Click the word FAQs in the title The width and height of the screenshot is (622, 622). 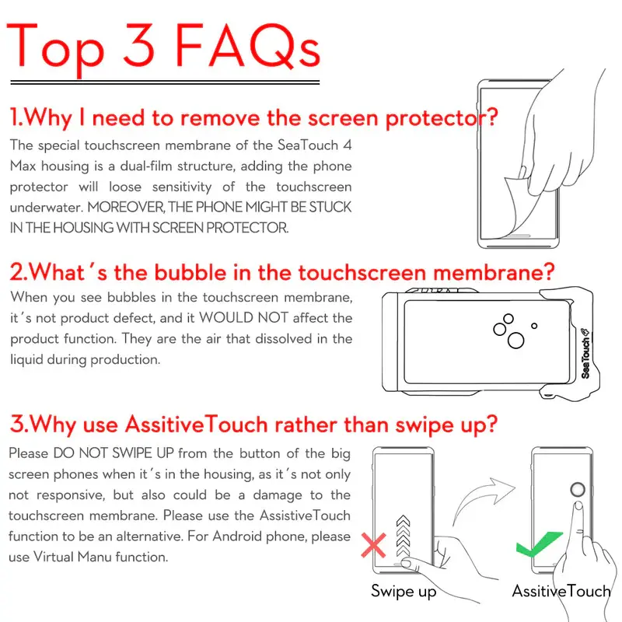point(247,46)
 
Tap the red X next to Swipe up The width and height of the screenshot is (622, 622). point(373,546)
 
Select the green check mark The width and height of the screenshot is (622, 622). point(539,543)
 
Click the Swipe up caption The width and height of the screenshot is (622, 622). point(404,592)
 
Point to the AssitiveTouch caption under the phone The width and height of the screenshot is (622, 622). point(561,591)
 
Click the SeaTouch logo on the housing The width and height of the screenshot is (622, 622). point(585,353)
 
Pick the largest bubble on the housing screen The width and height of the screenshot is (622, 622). point(515,341)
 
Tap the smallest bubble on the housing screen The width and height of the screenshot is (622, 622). point(534,326)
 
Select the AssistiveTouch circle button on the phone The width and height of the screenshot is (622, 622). point(578,490)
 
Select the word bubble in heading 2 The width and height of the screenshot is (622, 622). point(190,273)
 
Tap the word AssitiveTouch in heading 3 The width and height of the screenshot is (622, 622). point(197,425)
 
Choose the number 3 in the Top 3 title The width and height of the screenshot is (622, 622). point(138,45)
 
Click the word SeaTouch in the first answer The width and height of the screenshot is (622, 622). point(307,145)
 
